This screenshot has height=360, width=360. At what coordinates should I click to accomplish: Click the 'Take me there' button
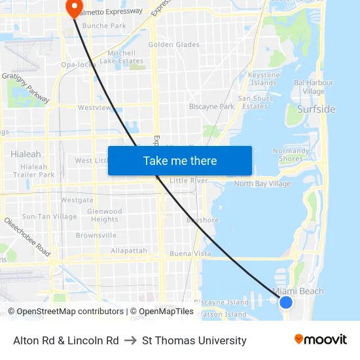pos(179,161)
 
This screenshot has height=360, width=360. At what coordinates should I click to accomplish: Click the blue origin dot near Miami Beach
pos(285,302)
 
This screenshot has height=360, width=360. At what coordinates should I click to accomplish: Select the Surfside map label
pos(315,109)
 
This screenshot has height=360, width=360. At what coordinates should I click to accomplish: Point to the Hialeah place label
pos(26,154)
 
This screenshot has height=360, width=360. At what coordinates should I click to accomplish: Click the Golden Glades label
pos(174,45)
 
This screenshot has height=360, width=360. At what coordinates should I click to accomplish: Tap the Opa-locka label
pos(79,64)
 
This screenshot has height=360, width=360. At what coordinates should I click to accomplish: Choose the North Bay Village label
pos(262,184)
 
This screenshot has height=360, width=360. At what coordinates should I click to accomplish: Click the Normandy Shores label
pos(291,154)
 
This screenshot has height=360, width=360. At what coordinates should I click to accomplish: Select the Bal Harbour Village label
pos(314,87)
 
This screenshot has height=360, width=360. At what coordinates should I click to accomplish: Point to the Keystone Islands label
pos(264,79)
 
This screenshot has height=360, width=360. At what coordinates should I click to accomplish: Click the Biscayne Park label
pos(211,107)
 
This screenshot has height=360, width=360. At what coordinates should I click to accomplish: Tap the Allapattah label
pos(128,251)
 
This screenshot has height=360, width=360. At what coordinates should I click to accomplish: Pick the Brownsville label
pos(96,235)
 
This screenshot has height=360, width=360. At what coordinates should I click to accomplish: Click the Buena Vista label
pos(190,253)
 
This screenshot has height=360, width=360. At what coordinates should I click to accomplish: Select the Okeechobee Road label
pos(27,238)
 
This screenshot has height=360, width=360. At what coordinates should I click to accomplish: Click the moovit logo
pos(321,340)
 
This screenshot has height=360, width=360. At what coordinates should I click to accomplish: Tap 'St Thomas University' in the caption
pos(194,340)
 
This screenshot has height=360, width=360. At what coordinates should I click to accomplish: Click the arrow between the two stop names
pos(130,340)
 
